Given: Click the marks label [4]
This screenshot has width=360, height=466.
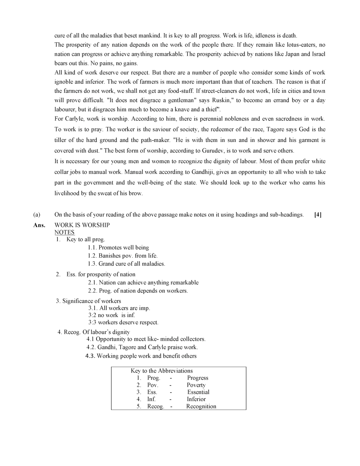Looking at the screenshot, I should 318,215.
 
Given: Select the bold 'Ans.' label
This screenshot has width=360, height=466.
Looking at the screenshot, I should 39,225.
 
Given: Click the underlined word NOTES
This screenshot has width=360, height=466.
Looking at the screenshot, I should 65,232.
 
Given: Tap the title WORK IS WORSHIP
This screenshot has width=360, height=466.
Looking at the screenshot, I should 82,225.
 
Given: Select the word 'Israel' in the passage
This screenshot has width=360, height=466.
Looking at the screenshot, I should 318,54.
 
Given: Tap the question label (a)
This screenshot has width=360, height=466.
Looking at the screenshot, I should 37,215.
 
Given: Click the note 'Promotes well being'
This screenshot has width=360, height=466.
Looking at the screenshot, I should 124,247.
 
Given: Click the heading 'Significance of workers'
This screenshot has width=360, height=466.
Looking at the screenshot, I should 91,301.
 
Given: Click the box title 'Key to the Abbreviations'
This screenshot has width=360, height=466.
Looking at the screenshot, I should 162,371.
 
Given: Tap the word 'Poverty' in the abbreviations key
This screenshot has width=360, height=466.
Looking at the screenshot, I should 196,385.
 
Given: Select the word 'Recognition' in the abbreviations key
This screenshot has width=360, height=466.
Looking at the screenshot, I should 201,406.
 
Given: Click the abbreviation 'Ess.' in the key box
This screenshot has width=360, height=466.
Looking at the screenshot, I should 152,392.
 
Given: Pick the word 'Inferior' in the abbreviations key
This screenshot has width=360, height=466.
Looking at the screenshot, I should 196,399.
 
